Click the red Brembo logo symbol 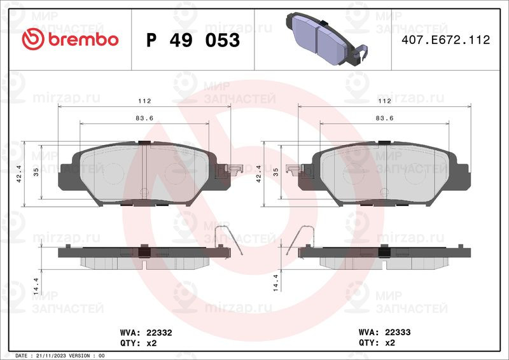(33, 39)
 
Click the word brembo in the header (83, 39)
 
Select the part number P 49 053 (193, 40)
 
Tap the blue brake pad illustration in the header (327, 39)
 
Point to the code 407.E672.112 (446, 39)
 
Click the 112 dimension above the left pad (144, 101)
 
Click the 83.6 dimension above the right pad (385, 118)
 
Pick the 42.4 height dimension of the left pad (19, 174)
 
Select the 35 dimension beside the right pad (275, 172)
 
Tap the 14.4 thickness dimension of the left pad (36, 286)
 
